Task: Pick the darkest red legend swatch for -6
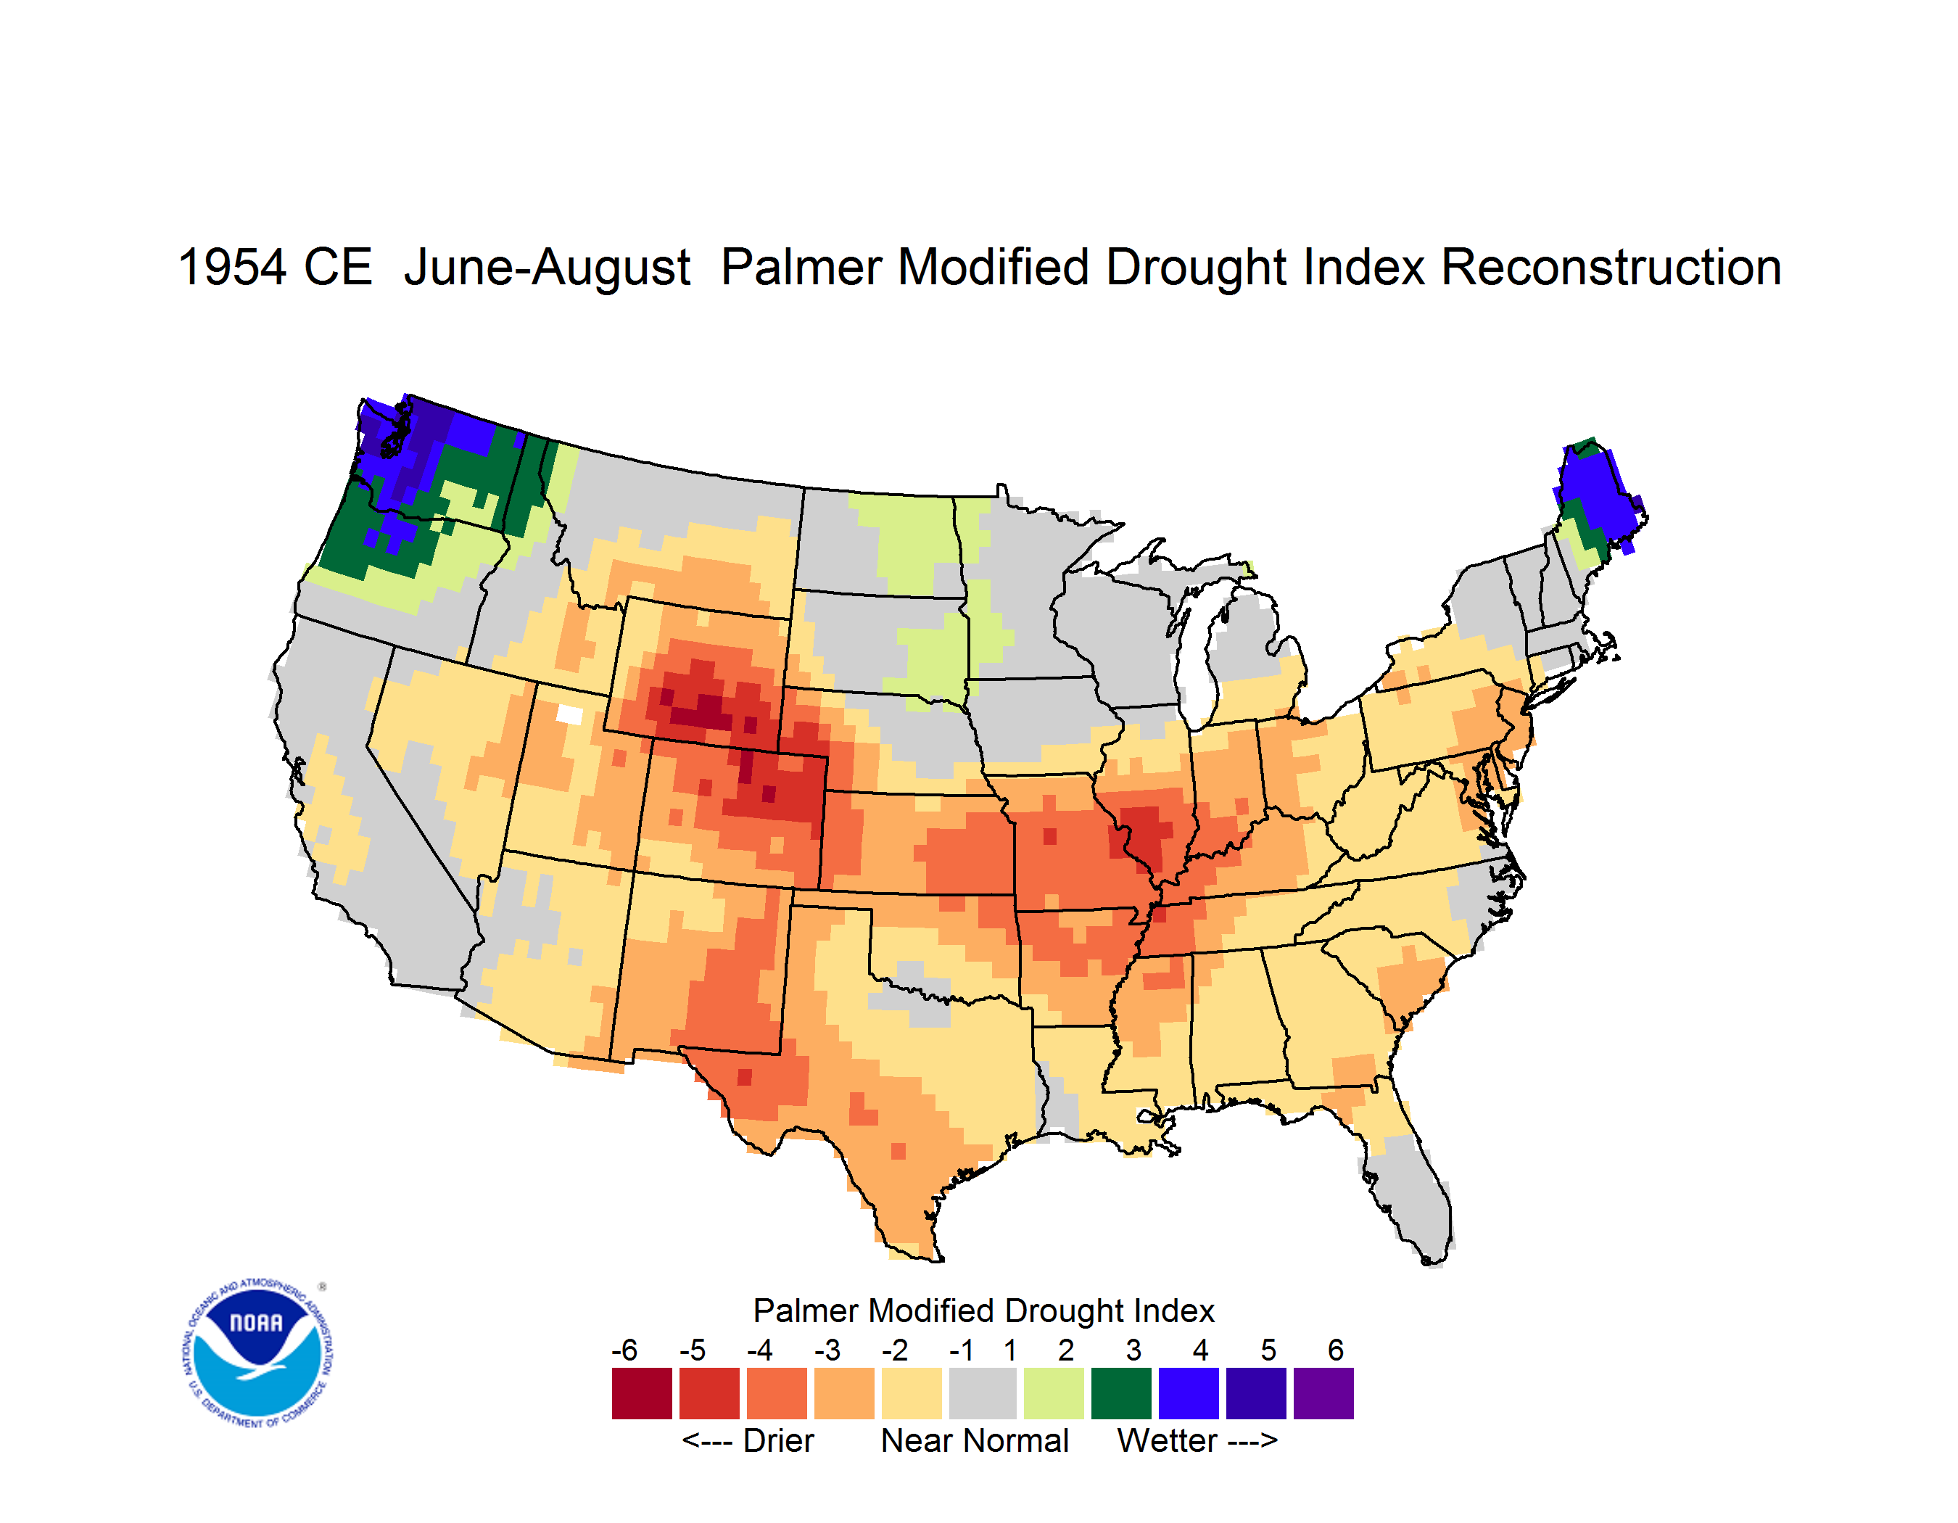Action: (x=642, y=1392)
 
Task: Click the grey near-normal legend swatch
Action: (x=983, y=1392)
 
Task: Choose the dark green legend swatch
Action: (x=1120, y=1392)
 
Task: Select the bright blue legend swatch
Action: (x=1188, y=1392)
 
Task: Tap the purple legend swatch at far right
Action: (x=1323, y=1392)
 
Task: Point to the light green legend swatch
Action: (x=1054, y=1392)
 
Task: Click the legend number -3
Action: (x=827, y=1349)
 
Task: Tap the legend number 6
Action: (x=1335, y=1349)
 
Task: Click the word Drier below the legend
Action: (x=778, y=1440)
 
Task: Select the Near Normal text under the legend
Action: (x=975, y=1440)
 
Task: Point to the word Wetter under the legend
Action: (x=1168, y=1440)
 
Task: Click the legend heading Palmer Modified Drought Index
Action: (x=983, y=1311)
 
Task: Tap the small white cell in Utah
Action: (x=569, y=714)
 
